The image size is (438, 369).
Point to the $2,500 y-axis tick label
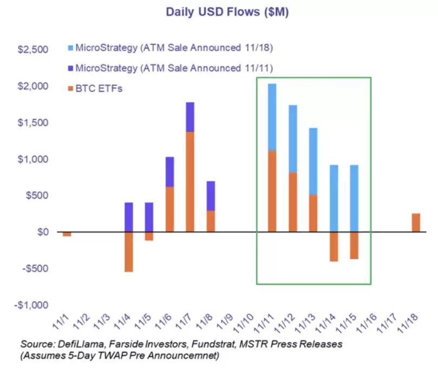click(x=34, y=50)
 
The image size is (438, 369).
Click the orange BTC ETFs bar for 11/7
click(x=189, y=182)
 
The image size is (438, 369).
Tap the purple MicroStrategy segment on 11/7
click(x=189, y=117)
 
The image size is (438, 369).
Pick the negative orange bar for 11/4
click(x=129, y=252)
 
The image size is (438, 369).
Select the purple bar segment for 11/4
click(x=129, y=217)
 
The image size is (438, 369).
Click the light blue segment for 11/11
click(x=272, y=117)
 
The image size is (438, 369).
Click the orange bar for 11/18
click(x=415, y=223)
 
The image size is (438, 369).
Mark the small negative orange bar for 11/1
click(x=67, y=234)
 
